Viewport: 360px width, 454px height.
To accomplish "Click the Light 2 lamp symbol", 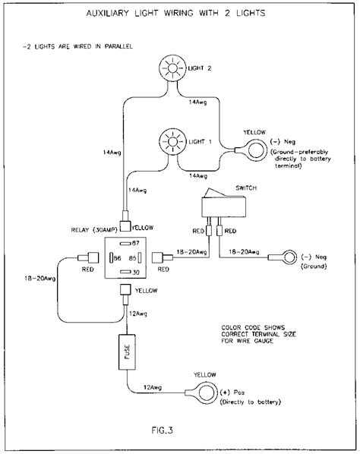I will (172, 70).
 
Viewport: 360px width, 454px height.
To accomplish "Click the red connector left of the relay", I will (91, 257).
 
